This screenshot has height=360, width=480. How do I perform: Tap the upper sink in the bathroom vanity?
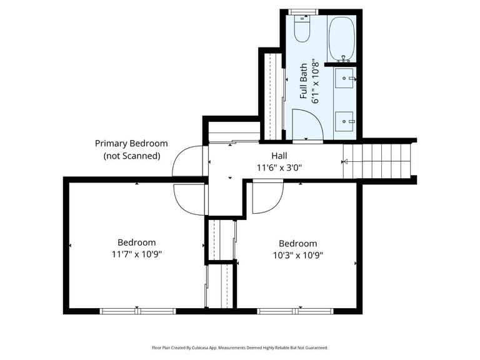345,79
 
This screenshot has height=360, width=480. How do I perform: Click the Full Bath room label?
304,81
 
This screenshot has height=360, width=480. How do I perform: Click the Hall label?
279,156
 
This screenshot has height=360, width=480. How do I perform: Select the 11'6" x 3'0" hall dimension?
279,167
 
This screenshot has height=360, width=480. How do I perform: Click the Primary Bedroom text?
131,144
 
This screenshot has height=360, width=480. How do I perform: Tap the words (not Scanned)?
131,156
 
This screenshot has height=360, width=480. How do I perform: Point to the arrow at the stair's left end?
344,161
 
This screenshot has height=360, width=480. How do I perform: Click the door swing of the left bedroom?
189,199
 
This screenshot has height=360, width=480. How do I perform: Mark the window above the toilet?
303,12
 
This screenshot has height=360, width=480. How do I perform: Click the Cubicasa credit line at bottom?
239,347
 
